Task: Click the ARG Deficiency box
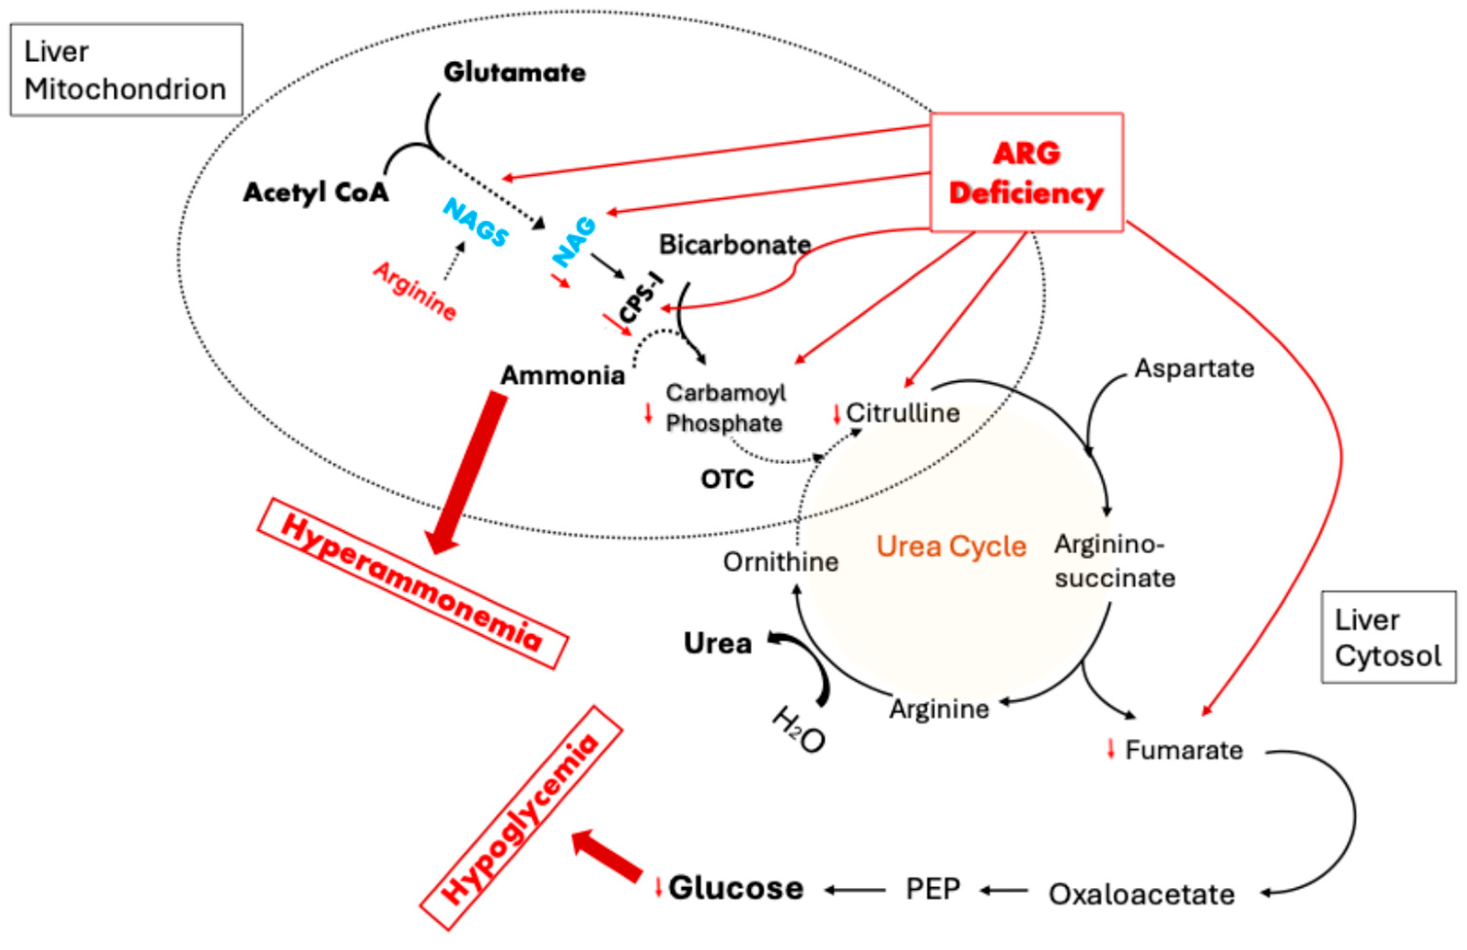point(1026,173)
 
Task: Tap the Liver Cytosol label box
point(1388,637)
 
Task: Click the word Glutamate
point(514,73)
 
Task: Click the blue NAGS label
point(476,223)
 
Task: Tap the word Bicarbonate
point(735,245)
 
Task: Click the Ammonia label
point(562,375)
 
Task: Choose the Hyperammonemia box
point(412,582)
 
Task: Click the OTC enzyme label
point(727,479)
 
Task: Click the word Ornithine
point(780,562)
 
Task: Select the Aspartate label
point(1194,369)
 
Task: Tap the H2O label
point(798,731)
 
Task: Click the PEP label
point(933,889)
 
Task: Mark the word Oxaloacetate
point(1141,895)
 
